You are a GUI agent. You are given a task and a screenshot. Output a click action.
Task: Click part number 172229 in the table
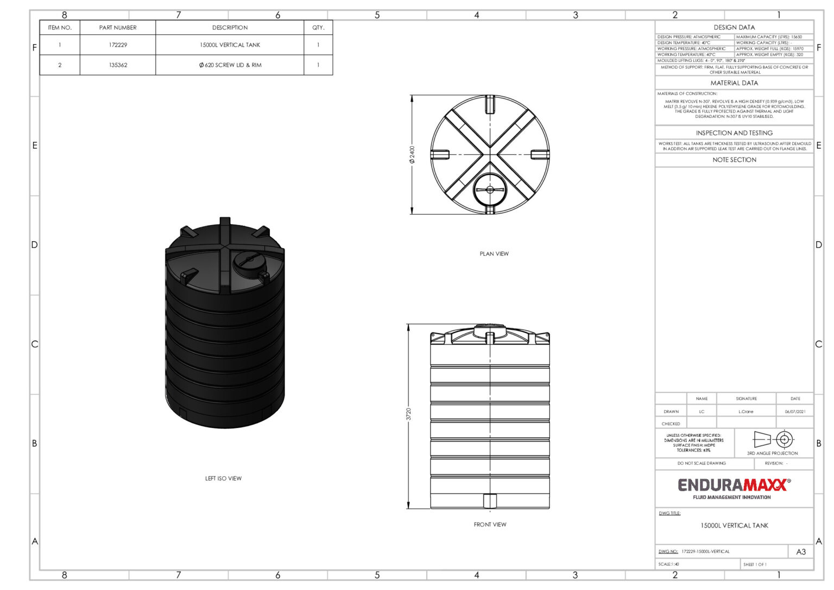click(118, 45)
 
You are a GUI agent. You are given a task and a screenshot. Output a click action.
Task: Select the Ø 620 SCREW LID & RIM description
click(230, 65)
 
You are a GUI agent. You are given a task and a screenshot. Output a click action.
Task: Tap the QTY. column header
click(318, 28)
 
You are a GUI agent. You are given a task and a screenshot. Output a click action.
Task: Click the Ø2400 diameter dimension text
click(412, 154)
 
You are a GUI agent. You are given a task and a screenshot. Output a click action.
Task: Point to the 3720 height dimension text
click(409, 414)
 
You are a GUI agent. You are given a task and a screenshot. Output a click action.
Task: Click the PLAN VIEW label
click(494, 254)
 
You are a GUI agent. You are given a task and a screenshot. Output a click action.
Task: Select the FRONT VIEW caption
click(490, 525)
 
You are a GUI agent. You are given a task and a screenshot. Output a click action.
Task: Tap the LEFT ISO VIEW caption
click(223, 479)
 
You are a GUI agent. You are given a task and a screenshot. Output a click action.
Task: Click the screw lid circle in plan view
click(490, 190)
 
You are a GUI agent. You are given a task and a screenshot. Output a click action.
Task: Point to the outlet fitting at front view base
click(490, 501)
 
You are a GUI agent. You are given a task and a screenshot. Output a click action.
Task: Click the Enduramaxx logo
click(734, 485)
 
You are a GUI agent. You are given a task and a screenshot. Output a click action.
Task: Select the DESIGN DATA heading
click(734, 27)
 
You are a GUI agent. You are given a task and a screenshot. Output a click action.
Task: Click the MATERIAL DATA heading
click(734, 83)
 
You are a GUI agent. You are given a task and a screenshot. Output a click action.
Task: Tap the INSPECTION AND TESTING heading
click(734, 133)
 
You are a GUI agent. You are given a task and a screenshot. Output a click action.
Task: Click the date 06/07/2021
click(795, 412)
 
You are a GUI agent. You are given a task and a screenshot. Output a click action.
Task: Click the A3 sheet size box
click(801, 552)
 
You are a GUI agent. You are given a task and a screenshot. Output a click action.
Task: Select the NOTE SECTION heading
click(734, 160)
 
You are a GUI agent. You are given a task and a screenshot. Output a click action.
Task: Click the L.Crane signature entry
click(746, 412)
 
